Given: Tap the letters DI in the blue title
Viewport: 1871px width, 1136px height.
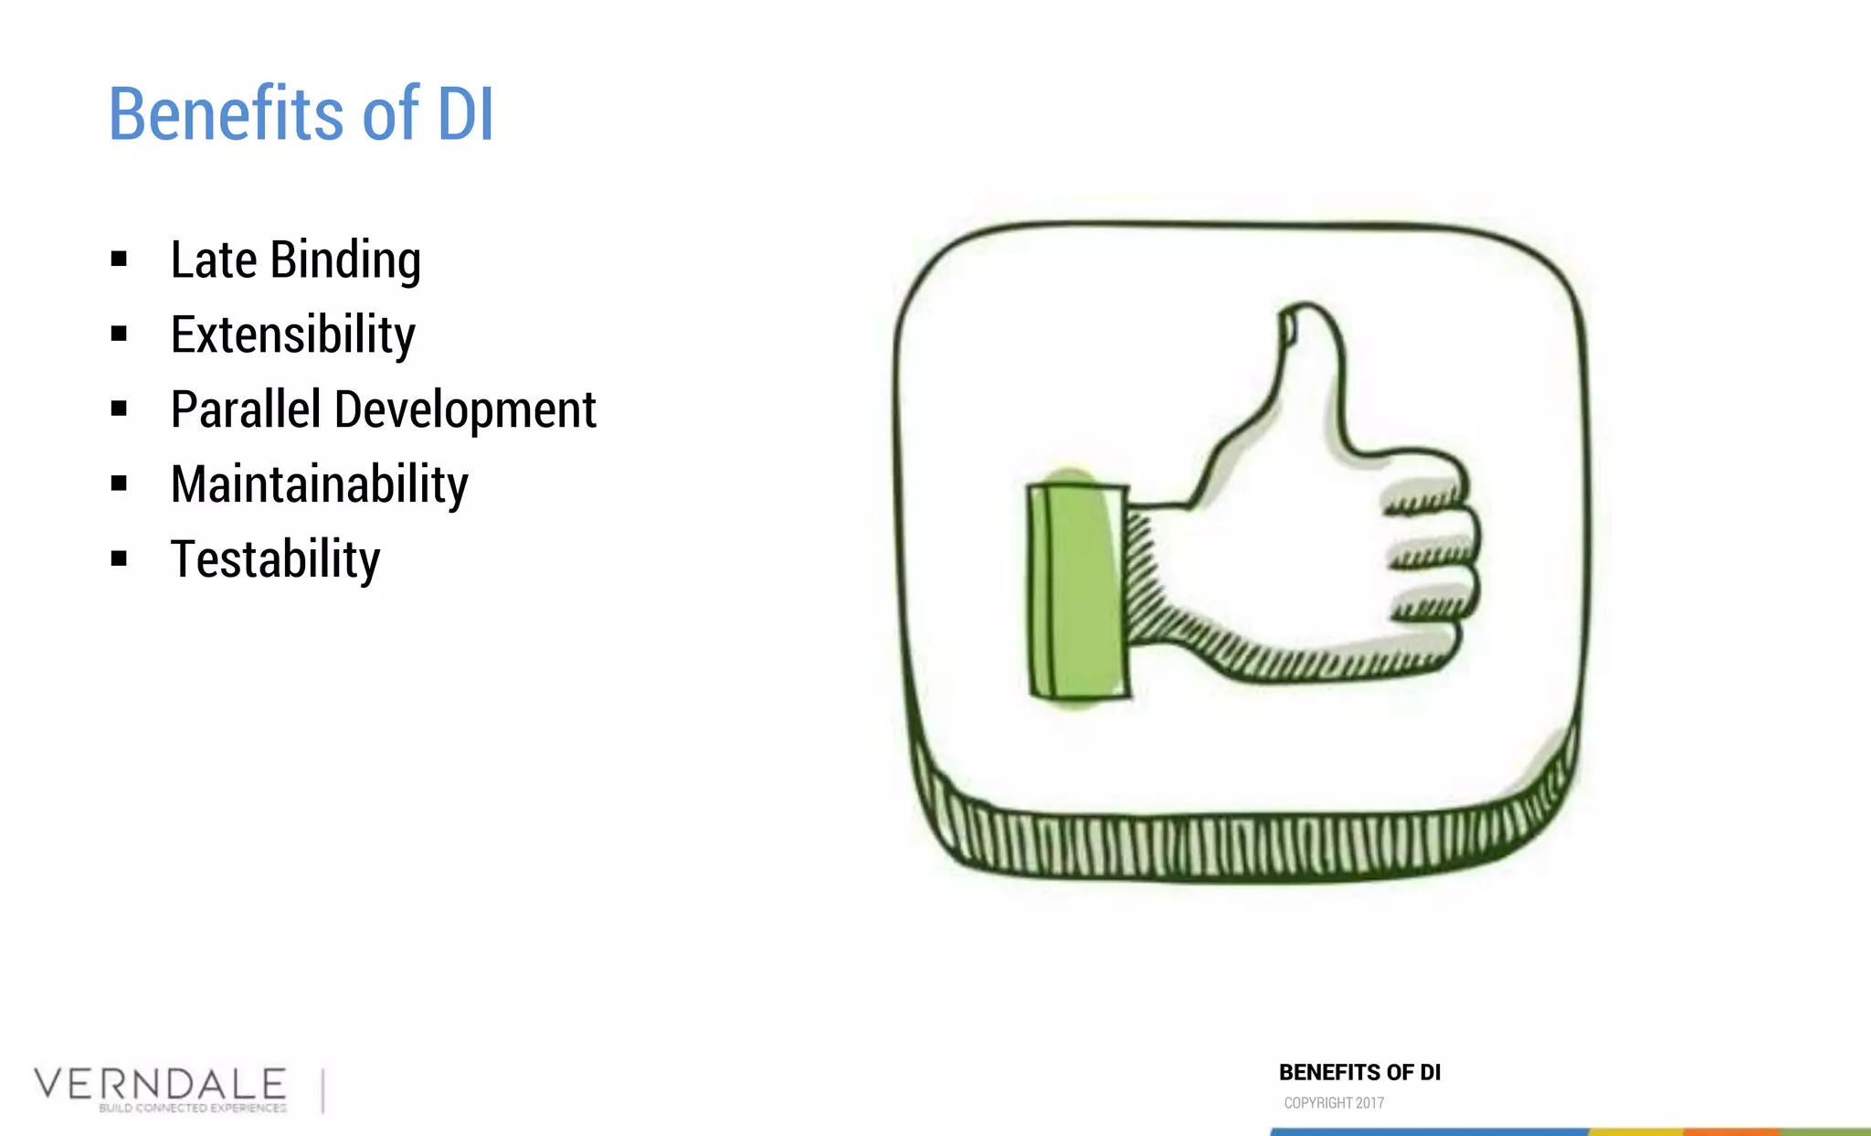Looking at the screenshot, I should [x=465, y=114].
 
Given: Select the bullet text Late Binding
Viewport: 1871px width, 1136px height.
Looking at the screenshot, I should [x=295, y=260].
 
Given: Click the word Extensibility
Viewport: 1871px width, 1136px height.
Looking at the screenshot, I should [x=292, y=335].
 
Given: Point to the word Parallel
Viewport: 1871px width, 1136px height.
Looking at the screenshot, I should [x=245, y=409].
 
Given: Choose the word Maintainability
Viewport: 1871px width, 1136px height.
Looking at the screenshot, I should [x=319, y=484].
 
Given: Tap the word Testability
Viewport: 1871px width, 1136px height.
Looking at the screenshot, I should [x=275, y=559].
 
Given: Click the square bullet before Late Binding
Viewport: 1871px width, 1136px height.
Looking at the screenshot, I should [x=119, y=260].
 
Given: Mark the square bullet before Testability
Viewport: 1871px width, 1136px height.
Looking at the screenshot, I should [x=119, y=558].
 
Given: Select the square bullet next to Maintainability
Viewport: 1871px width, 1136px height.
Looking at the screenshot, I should [x=119, y=483].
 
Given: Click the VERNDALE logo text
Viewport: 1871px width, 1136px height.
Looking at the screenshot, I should [x=160, y=1084].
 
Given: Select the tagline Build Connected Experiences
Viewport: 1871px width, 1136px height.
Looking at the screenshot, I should [x=193, y=1108].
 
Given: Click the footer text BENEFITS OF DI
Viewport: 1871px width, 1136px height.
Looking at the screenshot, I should [x=1359, y=1073].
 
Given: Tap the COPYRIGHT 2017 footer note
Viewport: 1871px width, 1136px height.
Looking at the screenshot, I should [x=1334, y=1103].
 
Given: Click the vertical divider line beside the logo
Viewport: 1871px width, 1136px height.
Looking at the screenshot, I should [x=322, y=1090].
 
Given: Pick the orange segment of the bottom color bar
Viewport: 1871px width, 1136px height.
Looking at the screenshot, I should [x=1731, y=1131].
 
